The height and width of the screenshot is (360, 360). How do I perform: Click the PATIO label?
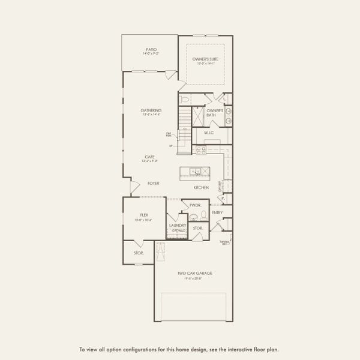pos(150,50)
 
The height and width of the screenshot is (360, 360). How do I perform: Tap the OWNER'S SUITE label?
pos(205,59)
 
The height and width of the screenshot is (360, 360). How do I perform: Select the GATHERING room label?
pos(151,110)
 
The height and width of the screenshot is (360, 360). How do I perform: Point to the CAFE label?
pos(149,157)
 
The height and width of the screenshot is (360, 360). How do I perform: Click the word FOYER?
pos(153,183)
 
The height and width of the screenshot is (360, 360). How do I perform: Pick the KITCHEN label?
pos(201,188)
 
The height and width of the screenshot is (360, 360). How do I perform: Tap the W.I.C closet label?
pos(209,133)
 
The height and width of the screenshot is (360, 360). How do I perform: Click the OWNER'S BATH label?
pos(215,112)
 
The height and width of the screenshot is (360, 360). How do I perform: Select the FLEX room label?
pos(144,214)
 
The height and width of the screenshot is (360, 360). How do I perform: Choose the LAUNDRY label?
pos(178,226)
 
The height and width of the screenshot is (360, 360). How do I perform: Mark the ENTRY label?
pos(217,212)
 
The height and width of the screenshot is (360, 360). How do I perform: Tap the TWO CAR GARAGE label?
pos(194,273)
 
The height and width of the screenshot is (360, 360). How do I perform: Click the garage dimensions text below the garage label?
pos(194,278)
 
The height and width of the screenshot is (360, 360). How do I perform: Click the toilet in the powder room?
pos(203,214)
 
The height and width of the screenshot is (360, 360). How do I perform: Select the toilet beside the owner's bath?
pos(185,100)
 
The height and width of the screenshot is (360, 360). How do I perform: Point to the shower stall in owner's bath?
pos(198,116)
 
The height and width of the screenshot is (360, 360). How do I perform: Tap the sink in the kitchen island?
pos(196,172)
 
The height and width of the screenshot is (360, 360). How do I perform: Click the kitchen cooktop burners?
pos(200,150)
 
